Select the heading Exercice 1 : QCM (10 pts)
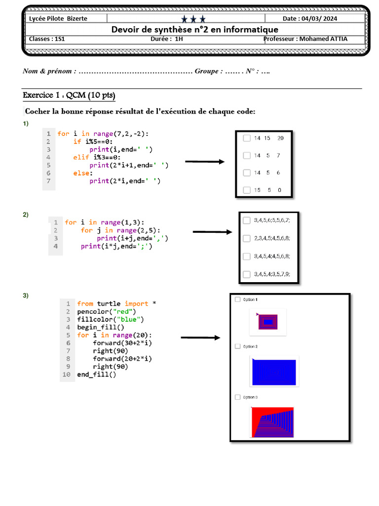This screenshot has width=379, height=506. click(x=69, y=95)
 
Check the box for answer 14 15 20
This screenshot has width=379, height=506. click(x=247, y=138)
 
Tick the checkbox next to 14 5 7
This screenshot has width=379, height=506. click(x=247, y=156)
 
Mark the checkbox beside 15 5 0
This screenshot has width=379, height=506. click(x=247, y=190)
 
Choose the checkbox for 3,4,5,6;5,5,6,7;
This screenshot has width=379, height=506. click(x=247, y=220)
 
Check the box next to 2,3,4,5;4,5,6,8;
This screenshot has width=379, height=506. click(x=247, y=238)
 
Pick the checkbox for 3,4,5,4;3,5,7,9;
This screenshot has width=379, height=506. click(x=247, y=274)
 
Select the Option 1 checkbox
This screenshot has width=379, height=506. click(x=238, y=299)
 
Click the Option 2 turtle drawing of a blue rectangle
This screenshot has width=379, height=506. click(x=274, y=372)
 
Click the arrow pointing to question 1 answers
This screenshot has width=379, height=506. click(x=204, y=162)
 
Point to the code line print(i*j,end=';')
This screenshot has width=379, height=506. click(x=117, y=246)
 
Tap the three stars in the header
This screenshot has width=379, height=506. click(x=193, y=19)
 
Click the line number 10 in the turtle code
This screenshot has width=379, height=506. click(x=67, y=375)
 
